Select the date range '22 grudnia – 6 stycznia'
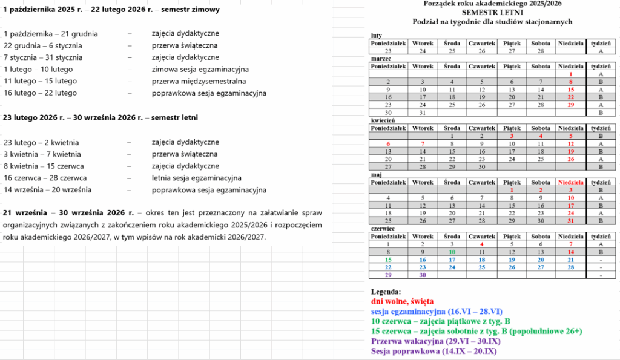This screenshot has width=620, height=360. tap(43, 46)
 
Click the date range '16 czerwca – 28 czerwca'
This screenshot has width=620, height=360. tap(45, 178)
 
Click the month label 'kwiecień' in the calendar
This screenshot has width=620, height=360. tap(382, 120)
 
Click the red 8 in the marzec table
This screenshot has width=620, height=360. tap(570, 82)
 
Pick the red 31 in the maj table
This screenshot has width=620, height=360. tap(570, 221)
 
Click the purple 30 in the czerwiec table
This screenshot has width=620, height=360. tap(423, 275)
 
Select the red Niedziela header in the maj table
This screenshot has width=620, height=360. tap(570, 182)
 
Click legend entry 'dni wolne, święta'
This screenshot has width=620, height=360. tap(402, 301)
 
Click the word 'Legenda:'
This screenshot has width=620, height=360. tap(386, 292)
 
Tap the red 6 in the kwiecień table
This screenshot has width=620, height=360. tap(387, 144)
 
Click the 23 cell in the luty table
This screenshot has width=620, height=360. tap(387, 51)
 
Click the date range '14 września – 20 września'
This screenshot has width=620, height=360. tap(48, 190)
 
